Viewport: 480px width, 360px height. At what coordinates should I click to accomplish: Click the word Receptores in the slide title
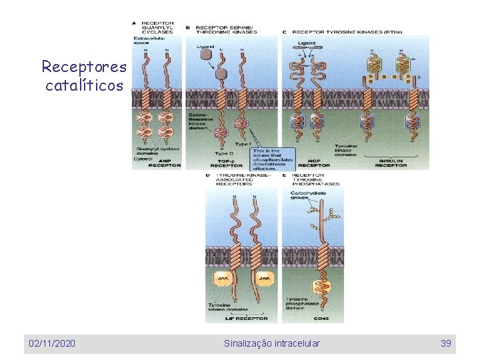[x=83, y=67]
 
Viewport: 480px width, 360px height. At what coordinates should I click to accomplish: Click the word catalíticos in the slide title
[x=84, y=85]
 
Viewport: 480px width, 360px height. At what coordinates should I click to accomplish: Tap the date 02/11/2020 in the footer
[x=51, y=343]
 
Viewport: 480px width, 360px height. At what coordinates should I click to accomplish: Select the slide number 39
[x=446, y=343]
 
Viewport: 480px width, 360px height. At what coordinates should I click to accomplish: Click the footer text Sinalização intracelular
[x=271, y=343]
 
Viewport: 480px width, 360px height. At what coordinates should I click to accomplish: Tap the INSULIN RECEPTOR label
[x=392, y=163]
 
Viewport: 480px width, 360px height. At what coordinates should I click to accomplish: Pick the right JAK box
[x=263, y=279]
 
